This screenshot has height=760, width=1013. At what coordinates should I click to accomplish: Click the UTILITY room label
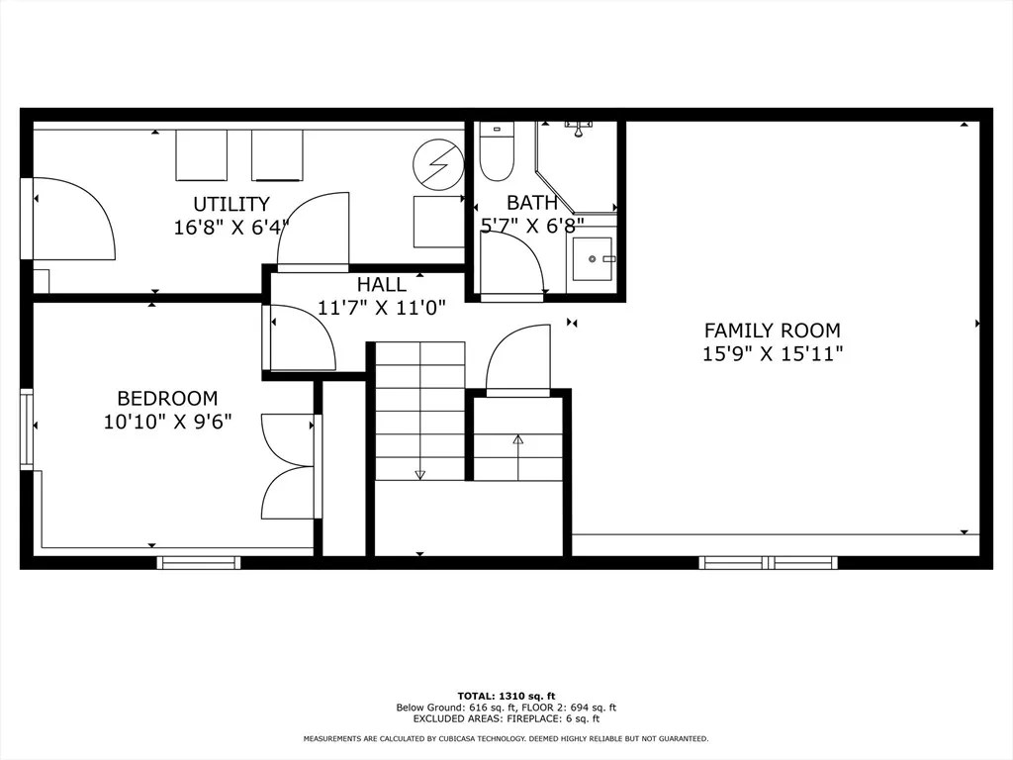point(230,205)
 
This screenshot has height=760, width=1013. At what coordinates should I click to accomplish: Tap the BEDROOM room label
point(167,399)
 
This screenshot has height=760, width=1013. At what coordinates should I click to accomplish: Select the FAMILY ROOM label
point(772,331)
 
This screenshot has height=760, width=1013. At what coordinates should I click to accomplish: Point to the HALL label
point(381,285)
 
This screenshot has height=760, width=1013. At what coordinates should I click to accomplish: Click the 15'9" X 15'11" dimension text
point(772,353)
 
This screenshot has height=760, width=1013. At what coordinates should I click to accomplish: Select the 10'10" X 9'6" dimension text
point(167,422)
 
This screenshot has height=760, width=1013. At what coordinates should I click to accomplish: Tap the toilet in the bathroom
point(496,153)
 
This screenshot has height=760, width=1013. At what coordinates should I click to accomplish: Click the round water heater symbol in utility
point(438,164)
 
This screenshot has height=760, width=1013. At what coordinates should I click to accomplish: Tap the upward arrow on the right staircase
point(517,439)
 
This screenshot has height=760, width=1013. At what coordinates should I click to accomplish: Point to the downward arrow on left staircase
point(419,474)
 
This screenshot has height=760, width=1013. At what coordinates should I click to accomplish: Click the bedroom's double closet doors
point(289,465)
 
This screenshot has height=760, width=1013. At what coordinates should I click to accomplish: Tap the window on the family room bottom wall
point(769,563)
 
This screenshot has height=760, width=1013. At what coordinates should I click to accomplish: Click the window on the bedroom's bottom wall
point(199,563)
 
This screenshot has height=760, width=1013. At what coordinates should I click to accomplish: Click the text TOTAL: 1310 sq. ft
point(506,696)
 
